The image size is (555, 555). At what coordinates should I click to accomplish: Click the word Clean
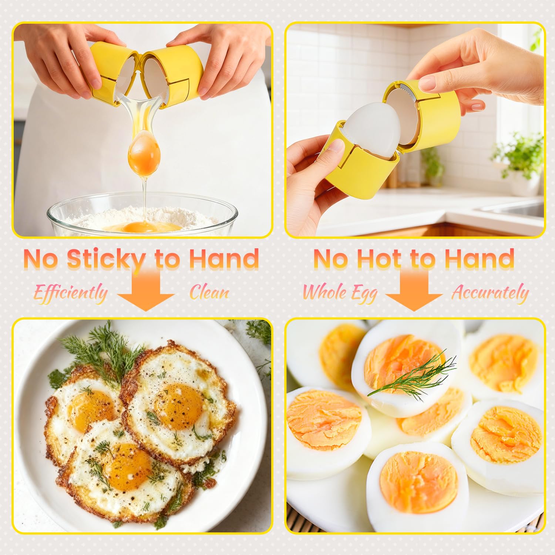point(209,293)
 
